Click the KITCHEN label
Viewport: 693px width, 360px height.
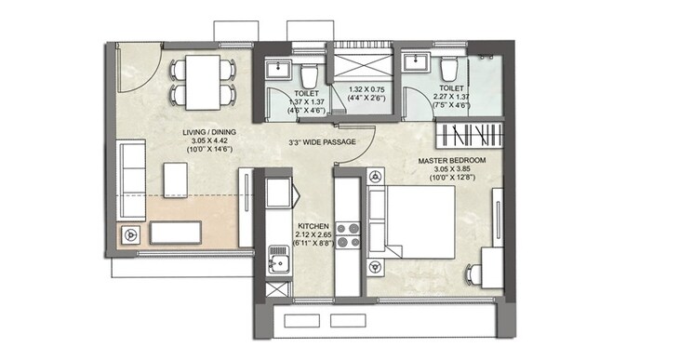(312, 226)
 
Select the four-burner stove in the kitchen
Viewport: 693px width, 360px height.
(348, 234)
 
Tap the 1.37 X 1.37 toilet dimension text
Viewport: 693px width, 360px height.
(308, 103)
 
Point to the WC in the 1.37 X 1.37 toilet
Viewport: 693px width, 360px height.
(309, 73)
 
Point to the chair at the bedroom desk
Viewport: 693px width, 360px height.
(471, 272)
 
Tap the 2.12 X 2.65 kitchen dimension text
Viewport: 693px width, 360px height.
(312, 236)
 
